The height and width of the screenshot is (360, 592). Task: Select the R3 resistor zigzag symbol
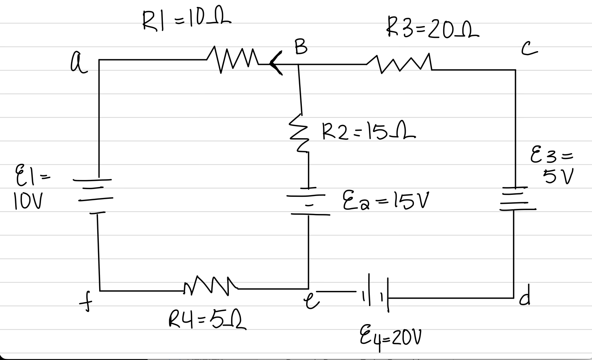(x=399, y=64)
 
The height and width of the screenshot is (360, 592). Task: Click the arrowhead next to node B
(x=276, y=64)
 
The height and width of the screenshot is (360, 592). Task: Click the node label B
(x=301, y=47)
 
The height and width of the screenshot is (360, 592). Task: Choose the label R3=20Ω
(x=433, y=28)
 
